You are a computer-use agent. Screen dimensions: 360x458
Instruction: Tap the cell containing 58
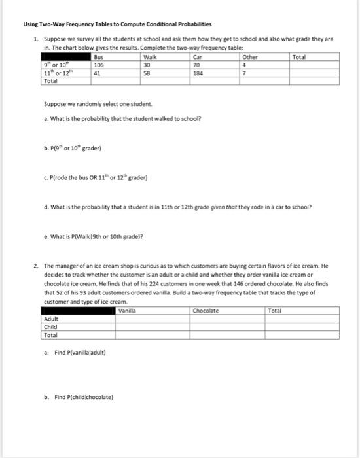click(x=147, y=73)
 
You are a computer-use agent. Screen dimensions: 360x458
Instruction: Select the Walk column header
click(x=149, y=58)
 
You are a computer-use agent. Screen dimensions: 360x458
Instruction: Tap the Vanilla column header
click(x=128, y=311)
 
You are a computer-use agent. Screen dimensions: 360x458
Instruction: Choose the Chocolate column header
click(x=206, y=311)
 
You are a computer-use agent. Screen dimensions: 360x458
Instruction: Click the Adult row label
click(x=50, y=319)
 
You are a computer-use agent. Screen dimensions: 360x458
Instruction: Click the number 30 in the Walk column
click(x=147, y=65)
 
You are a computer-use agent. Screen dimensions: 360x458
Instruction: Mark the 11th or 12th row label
click(x=52, y=73)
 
